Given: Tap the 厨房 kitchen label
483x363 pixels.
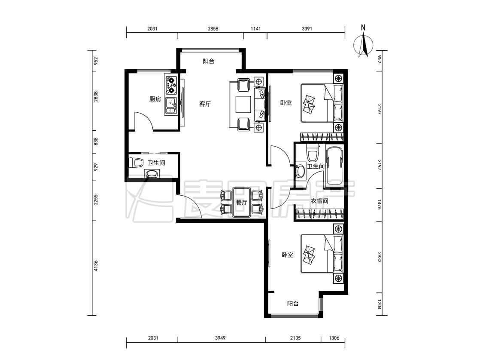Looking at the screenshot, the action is [x=155, y=99].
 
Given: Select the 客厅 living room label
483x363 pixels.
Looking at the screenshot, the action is [x=205, y=104].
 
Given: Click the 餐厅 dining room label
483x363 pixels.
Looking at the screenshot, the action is [x=241, y=203].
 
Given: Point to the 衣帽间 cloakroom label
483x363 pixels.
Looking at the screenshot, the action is [x=319, y=201].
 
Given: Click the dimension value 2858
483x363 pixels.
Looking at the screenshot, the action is [x=213, y=29].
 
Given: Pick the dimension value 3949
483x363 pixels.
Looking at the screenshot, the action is [x=220, y=338].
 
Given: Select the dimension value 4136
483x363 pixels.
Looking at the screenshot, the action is [x=95, y=266].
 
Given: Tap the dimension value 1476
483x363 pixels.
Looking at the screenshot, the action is [x=379, y=205].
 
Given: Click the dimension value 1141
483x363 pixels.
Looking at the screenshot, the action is [x=255, y=29].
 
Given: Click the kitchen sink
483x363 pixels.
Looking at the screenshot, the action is [x=170, y=106].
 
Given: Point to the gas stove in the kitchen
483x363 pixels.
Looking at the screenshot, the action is [x=171, y=85].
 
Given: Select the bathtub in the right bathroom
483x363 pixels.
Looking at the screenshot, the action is [x=334, y=166].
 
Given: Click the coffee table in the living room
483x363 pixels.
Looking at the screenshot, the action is [x=244, y=105].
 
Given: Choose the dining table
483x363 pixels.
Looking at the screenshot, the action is [x=242, y=202].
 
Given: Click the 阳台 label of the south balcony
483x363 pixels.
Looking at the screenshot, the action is [x=293, y=303].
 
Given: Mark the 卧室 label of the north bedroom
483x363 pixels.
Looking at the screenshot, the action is [x=286, y=102].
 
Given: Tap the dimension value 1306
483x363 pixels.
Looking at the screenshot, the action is [x=334, y=338].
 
